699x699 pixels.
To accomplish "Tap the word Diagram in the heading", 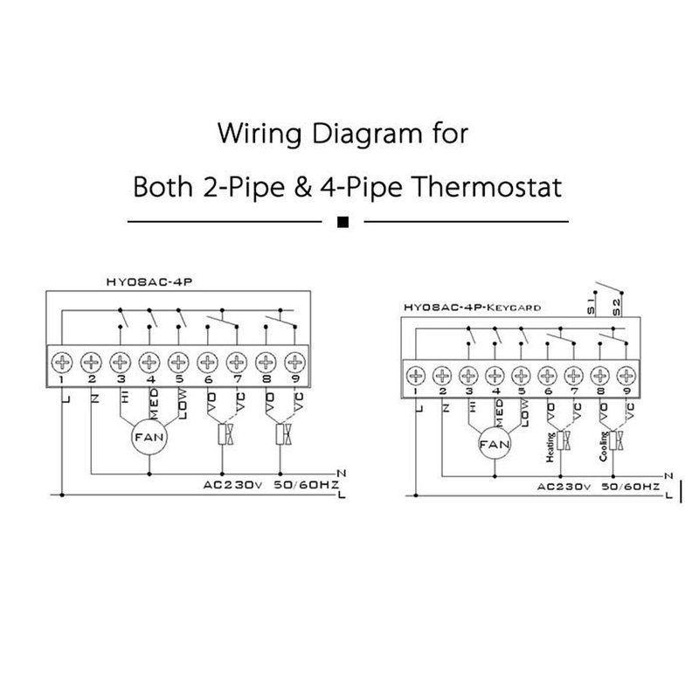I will click(x=340, y=136).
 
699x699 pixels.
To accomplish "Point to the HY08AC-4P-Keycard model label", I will click(x=473, y=307).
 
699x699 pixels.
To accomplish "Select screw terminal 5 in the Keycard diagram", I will click(x=522, y=377).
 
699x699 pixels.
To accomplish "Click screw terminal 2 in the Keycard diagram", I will click(x=444, y=377).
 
